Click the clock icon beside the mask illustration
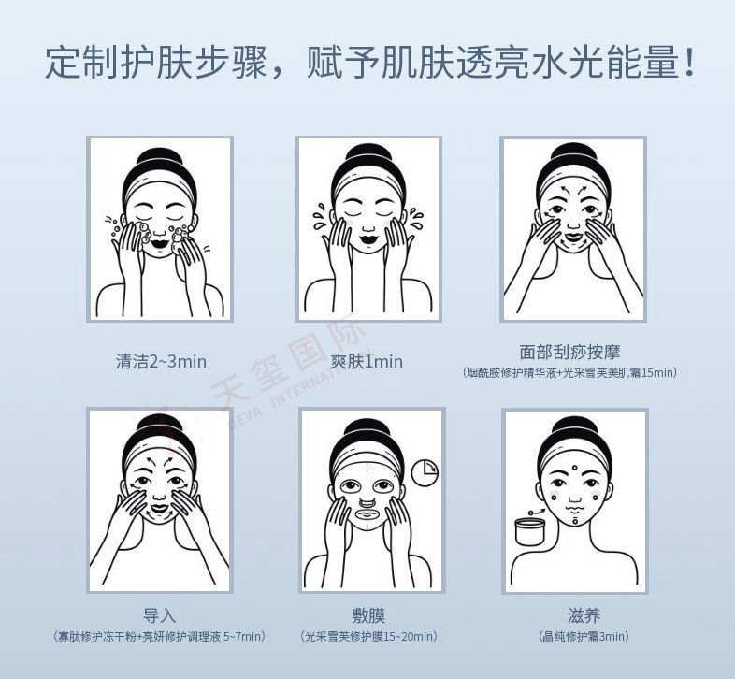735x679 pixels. click(x=425, y=471)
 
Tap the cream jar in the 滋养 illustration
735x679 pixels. click(x=529, y=531)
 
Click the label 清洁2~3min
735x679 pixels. click(x=161, y=362)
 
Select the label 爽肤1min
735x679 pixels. click(x=367, y=362)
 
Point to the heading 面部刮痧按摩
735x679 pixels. click(x=569, y=352)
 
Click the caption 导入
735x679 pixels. click(x=159, y=615)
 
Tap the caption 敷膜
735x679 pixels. click(x=368, y=615)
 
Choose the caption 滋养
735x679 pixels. click(x=584, y=615)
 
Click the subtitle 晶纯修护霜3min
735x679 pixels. click(x=584, y=636)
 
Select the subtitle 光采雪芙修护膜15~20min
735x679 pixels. click(x=368, y=636)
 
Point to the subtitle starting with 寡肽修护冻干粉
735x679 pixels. click(x=159, y=636)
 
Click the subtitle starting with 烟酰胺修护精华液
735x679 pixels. click(x=569, y=373)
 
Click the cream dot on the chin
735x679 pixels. click(x=574, y=520)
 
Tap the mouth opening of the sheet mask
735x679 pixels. click(x=369, y=514)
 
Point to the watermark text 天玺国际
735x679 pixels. click(x=288, y=359)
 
